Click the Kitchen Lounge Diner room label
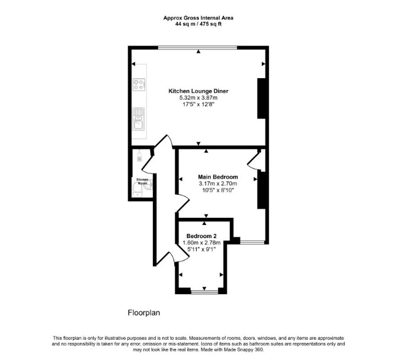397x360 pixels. click(198, 91)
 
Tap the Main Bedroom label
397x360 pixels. click(217, 177)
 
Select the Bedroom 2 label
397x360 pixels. click(201, 236)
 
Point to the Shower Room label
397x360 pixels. click(142, 181)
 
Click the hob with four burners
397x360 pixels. click(139, 85)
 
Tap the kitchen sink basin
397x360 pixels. click(139, 125)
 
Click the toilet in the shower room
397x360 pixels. click(137, 189)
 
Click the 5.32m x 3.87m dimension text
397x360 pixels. click(198, 98)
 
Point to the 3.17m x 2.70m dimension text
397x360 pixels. click(217, 184)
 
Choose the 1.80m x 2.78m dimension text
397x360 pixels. click(201, 243)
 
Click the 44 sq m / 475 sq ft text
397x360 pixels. click(198, 24)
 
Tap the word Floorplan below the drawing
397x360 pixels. click(144, 313)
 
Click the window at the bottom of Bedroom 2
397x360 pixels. click(204, 292)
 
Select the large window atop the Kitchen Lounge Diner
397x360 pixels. click(198, 47)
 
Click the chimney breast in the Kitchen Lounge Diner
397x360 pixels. click(261, 98)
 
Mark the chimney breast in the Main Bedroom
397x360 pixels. click(261, 190)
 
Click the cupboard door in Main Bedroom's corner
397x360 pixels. click(252, 161)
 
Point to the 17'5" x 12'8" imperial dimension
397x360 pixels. click(198, 104)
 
